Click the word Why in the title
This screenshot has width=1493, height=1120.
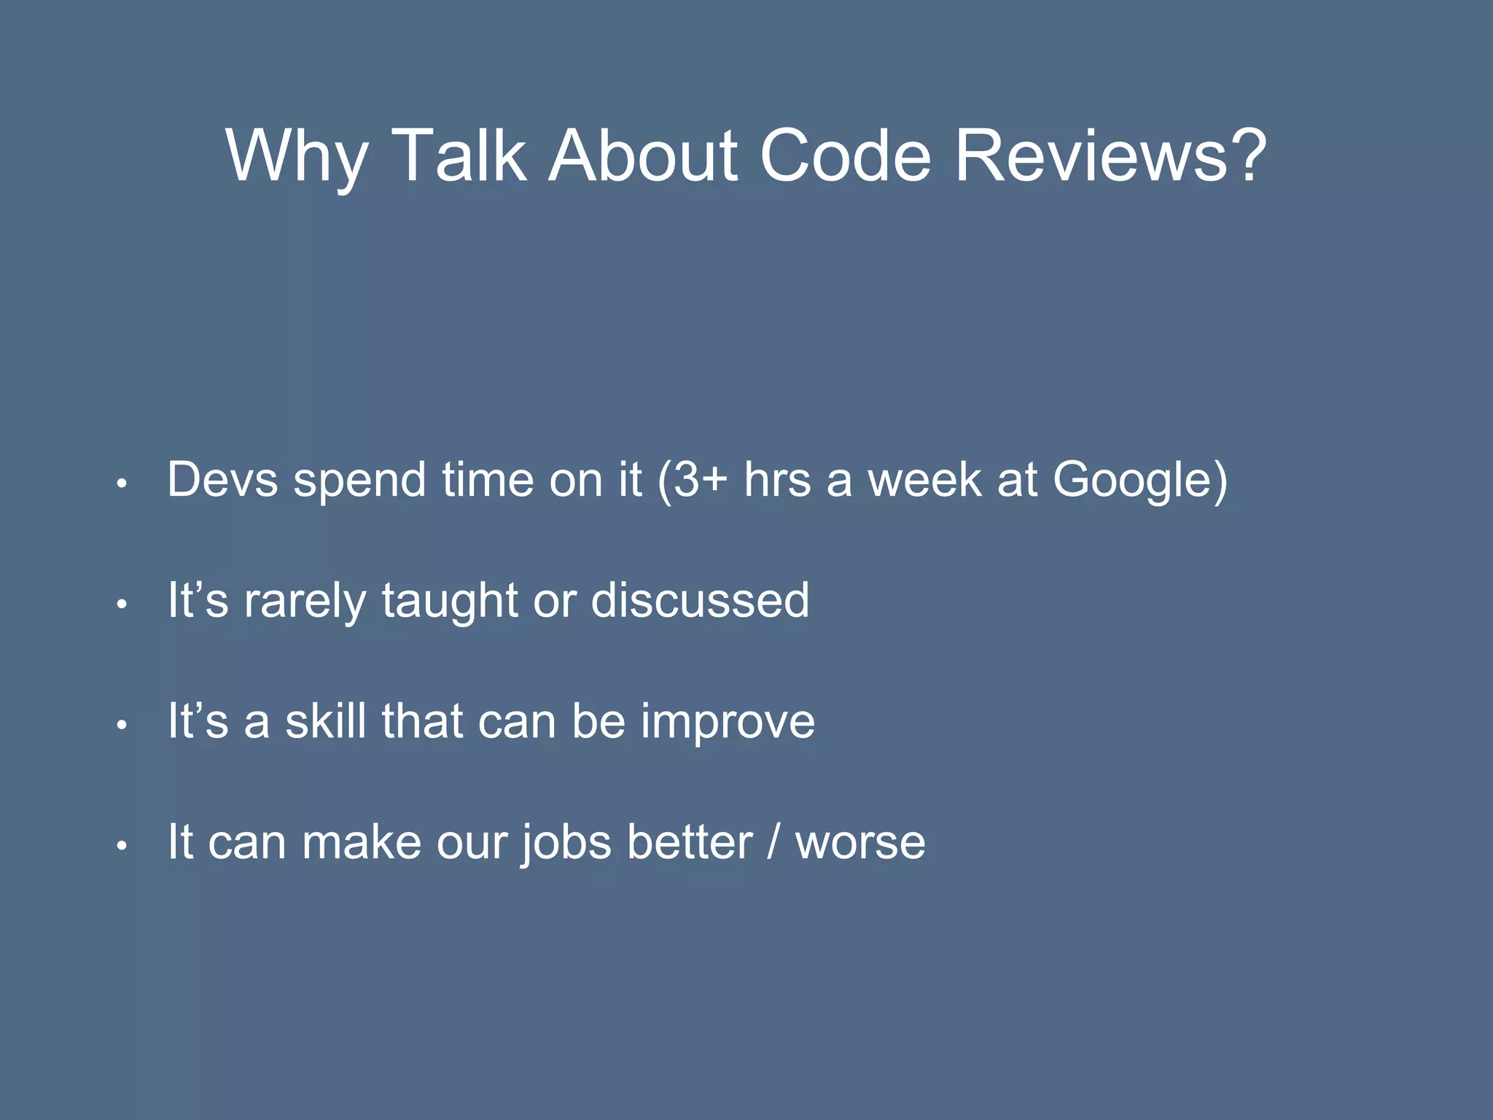tap(296, 157)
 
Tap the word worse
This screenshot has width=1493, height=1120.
tap(860, 843)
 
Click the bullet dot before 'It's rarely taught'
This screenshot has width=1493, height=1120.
tap(122, 604)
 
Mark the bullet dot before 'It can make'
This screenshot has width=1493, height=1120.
tap(122, 845)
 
